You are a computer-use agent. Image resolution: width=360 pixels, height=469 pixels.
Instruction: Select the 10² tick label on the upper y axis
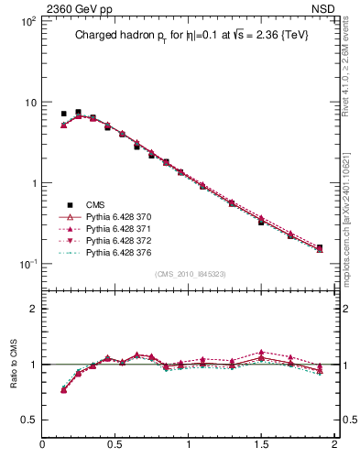29,21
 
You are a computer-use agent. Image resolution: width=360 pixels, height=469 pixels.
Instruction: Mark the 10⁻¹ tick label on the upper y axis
29,264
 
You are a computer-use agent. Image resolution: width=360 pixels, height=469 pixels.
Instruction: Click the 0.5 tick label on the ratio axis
29,419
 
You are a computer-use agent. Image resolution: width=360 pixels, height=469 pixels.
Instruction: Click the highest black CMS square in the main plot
78,113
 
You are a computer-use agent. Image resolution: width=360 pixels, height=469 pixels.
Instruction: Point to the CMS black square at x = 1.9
320,247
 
